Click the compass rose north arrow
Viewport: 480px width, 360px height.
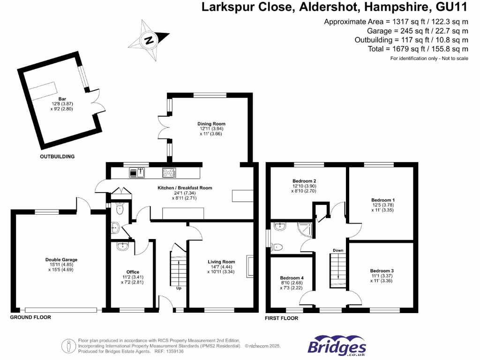[150, 40]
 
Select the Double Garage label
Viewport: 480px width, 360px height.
[61, 260]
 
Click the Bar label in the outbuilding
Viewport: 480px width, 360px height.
[62, 99]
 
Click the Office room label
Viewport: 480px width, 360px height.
[133, 272]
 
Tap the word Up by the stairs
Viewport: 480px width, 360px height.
[179, 288]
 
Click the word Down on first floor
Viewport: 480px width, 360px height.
[338, 250]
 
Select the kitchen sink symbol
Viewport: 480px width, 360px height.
[137, 173]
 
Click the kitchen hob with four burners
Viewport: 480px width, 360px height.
[169, 173]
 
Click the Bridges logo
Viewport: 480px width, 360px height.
[337, 347]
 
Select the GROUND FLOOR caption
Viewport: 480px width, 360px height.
[30, 317]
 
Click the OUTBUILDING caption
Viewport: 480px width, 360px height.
[57, 157]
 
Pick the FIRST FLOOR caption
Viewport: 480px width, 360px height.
[281, 318]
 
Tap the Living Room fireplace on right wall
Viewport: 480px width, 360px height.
[250, 267]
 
